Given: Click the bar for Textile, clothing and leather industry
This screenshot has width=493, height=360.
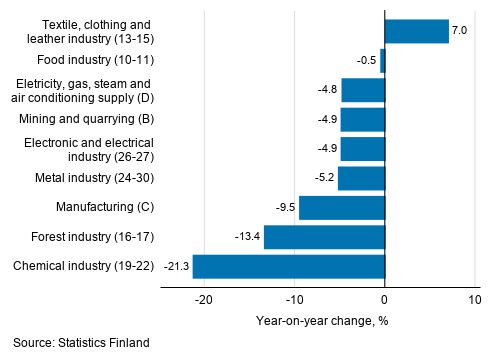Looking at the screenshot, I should tap(417, 32).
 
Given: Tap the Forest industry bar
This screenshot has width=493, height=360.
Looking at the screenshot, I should tap(324, 237).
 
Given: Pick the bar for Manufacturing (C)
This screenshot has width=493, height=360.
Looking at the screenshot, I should tap(342, 208).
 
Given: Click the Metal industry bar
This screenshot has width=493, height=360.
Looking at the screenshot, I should tap(361, 179).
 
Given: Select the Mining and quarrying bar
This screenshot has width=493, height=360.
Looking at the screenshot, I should tap(363, 120).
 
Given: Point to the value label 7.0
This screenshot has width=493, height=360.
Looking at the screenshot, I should tap(460, 32).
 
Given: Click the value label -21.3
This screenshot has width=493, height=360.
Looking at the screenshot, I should tap(176, 267).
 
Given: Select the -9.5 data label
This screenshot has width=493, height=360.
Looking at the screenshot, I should tap(285, 208).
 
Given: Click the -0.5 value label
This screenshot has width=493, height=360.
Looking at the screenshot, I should tap(366, 61).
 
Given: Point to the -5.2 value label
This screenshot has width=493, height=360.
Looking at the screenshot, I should tap(324, 179).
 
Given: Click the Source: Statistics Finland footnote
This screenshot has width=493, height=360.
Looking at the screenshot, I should tap(82, 343).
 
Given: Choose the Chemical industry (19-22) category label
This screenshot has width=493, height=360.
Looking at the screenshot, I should tap(82, 267).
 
